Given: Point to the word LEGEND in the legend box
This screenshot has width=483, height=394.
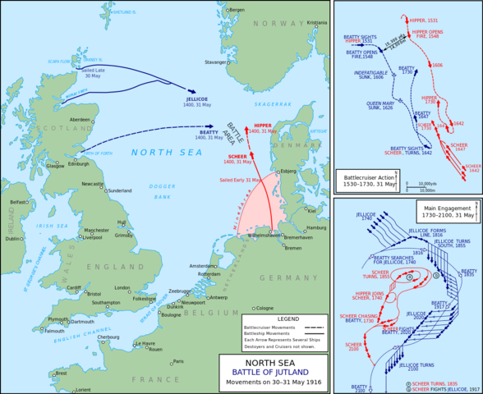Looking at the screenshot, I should pos(284,318).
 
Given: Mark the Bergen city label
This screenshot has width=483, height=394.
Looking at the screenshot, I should pos(237,10).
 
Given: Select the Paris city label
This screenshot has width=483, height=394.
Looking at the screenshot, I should pos(178,361).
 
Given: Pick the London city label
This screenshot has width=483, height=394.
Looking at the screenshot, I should pos(122,289).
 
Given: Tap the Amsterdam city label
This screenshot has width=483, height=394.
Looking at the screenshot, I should pos(202,267).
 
